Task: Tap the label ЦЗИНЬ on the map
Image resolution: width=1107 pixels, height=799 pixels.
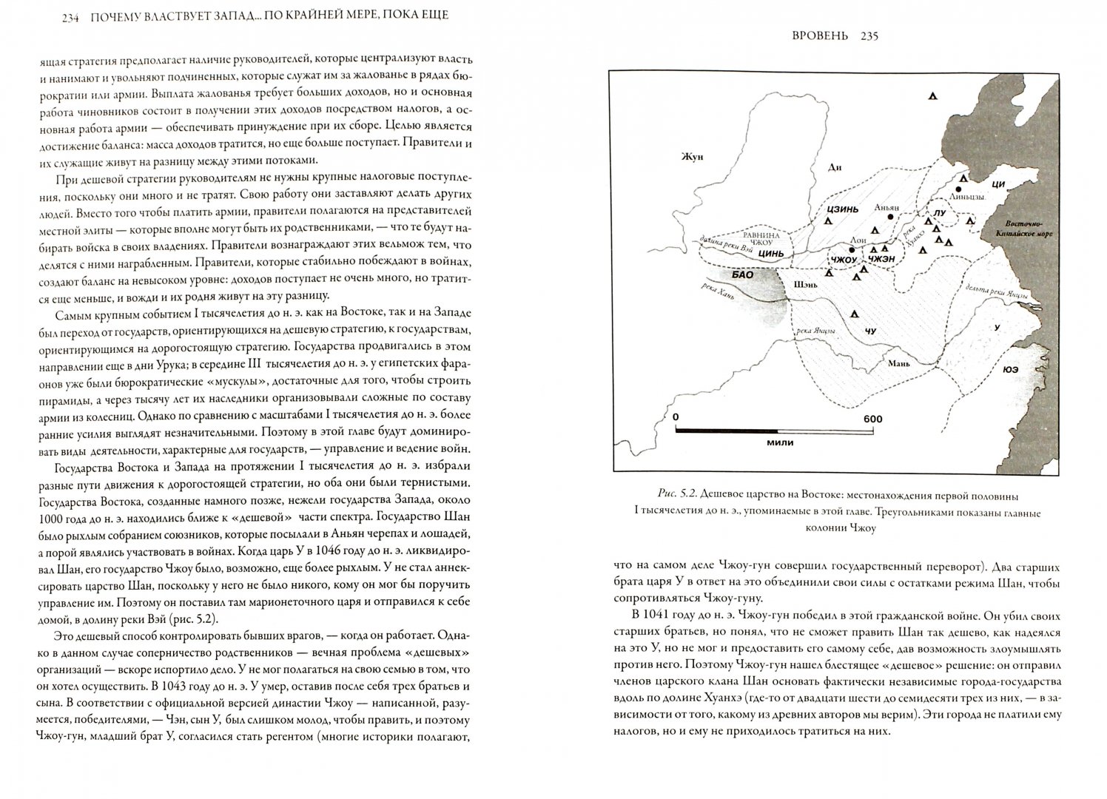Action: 842,209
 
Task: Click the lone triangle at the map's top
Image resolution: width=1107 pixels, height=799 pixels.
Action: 934,96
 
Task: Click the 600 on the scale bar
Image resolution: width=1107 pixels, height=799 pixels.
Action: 872,419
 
